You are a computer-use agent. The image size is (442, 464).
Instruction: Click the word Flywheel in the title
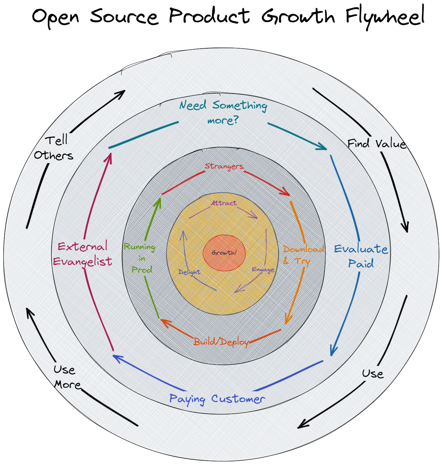point(385,17)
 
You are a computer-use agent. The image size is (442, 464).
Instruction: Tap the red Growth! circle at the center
point(224,253)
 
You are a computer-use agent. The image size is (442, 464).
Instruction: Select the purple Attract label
point(224,203)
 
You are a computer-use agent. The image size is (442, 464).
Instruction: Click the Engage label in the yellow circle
point(263,270)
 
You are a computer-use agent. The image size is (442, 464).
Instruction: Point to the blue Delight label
point(189,272)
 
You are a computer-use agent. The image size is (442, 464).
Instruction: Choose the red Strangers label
point(224,166)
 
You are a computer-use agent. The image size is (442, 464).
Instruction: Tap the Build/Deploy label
point(221,342)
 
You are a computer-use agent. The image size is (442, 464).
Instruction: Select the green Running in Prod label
point(140,258)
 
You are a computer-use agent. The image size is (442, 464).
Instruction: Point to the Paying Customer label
point(217,399)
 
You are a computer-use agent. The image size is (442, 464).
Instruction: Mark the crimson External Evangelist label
point(83,254)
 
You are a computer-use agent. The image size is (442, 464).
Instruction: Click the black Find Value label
point(376,144)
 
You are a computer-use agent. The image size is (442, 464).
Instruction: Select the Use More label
point(66,377)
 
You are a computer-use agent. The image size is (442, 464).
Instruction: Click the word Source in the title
point(124,17)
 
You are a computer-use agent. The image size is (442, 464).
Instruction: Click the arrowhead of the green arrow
point(159,201)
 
